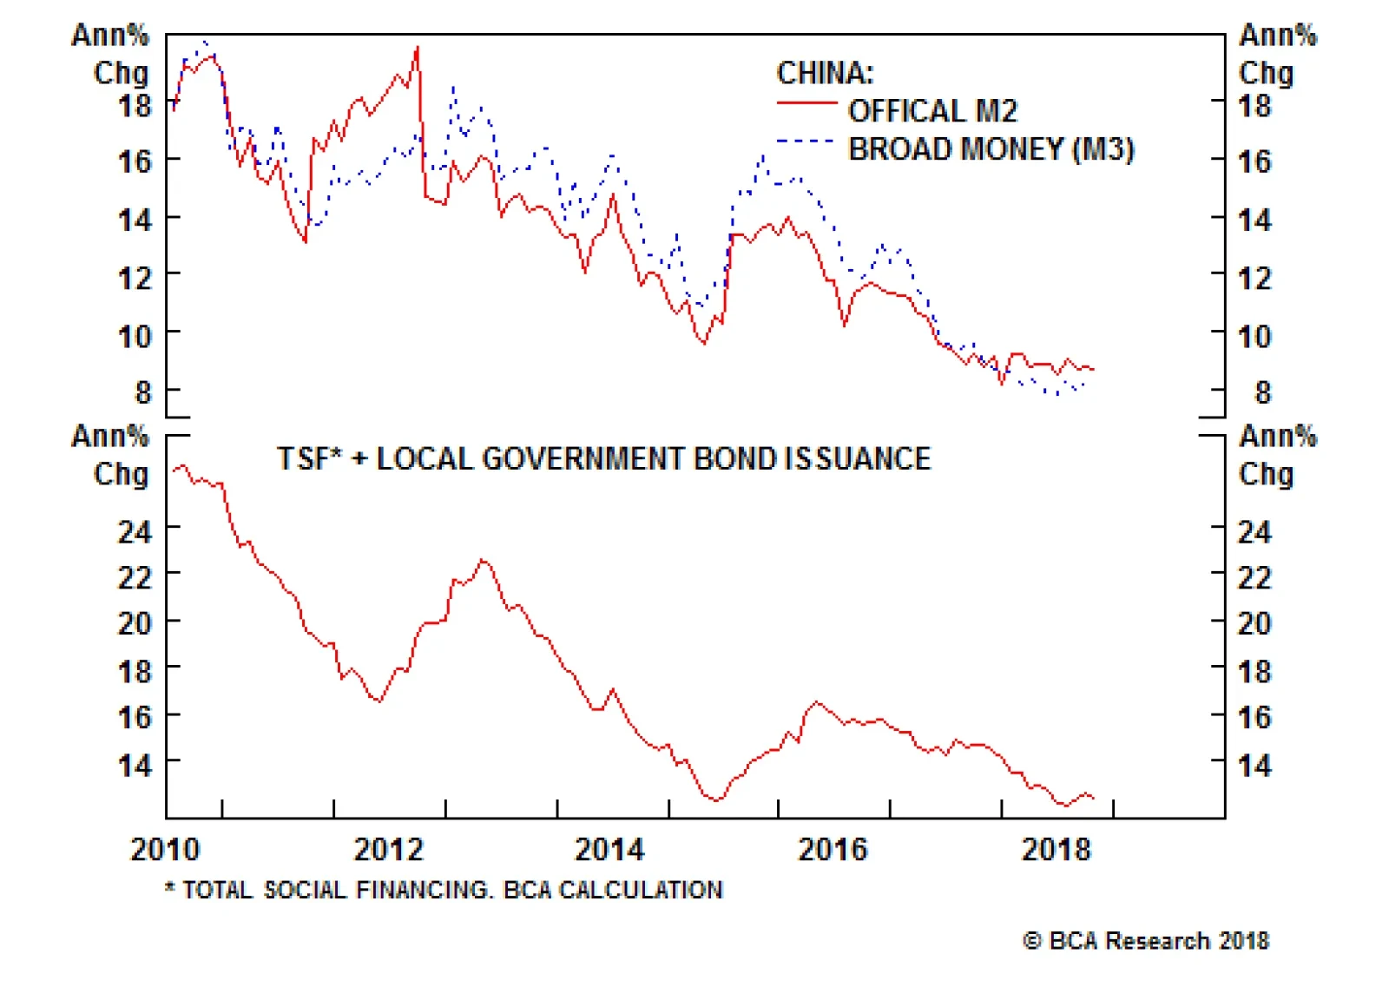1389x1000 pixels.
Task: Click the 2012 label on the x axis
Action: click(x=388, y=849)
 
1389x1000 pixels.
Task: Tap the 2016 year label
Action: click(x=833, y=849)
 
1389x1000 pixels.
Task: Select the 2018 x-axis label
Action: click(x=1056, y=849)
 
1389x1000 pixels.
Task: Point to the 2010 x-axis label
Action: click(x=165, y=849)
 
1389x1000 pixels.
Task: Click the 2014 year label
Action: click(x=609, y=849)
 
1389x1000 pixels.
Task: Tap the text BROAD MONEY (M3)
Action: click(x=991, y=149)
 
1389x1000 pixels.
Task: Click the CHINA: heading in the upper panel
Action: click(x=825, y=73)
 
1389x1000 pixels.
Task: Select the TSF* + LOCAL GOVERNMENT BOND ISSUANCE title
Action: click(x=603, y=458)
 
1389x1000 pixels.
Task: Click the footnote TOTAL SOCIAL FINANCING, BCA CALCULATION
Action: click(x=444, y=890)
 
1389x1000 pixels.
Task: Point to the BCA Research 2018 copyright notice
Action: click(x=1146, y=941)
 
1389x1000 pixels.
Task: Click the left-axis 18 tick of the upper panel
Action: click(x=135, y=106)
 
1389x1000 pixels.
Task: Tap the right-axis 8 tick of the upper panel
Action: click(x=1262, y=392)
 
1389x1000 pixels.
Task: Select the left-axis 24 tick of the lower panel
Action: click(x=135, y=531)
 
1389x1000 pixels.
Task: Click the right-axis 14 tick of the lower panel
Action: click(x=1254, y=766)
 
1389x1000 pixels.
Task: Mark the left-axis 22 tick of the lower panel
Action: click(x=135, y=577)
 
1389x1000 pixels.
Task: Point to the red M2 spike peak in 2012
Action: click(x=418, y=48)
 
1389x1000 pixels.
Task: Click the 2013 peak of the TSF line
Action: click(x=483, y=560)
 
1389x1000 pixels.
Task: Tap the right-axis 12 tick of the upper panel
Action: click(x=1254, y=278)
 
